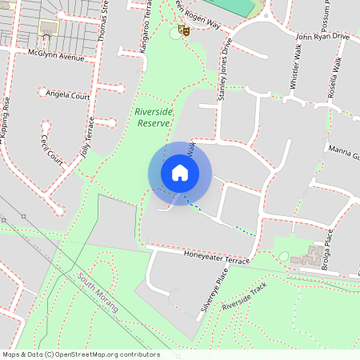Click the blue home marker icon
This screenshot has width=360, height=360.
(179, 173)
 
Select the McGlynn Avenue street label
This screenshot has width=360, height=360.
(55, 57)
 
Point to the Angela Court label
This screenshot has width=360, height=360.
(67, 94)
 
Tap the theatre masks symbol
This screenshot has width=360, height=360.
(184, 31)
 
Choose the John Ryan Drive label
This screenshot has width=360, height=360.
(322, 36)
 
